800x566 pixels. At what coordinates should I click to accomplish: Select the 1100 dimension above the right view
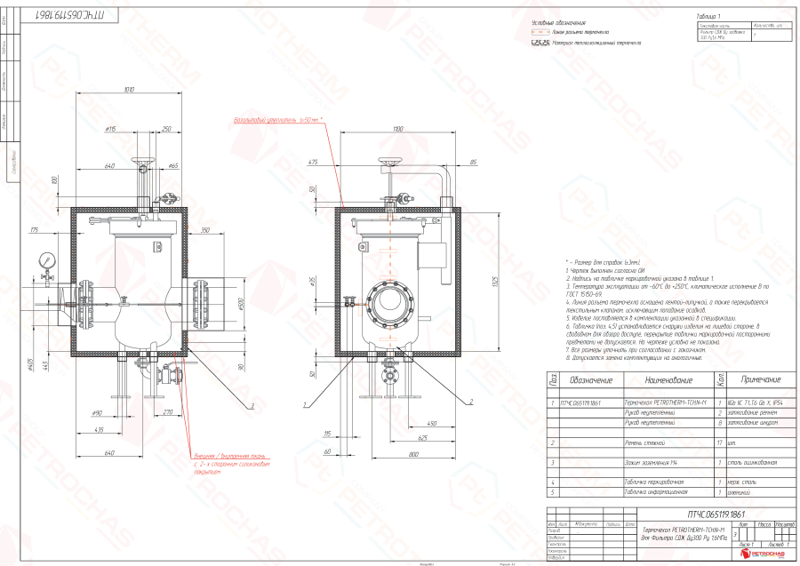(396, 131)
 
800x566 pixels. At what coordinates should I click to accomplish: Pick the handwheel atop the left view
(141, 163)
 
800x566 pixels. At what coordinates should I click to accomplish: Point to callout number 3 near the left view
(252, 405)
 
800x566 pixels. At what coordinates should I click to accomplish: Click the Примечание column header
(761, 379)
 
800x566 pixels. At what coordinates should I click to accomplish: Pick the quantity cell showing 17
(719, 442)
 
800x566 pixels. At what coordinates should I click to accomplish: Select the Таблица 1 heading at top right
(712, 17)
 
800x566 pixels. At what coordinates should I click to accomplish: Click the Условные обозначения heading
(558, 21)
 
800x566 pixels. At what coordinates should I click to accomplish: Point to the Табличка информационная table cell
(656, 491)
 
